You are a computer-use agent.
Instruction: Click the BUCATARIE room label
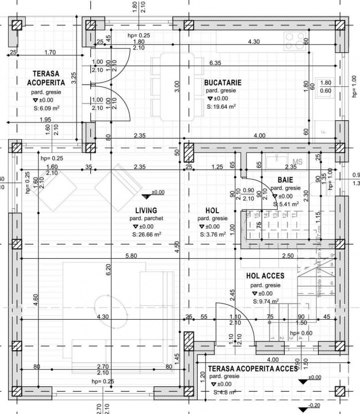[x=223, y=83]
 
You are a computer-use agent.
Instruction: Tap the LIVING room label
[x=146, y=210]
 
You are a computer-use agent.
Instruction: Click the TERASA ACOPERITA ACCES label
[x=252, y=368]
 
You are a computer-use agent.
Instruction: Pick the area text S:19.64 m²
[x=224, y=106]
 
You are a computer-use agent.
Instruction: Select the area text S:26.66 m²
[x=146, y=234]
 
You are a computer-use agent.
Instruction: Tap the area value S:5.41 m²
[x=285, y=204]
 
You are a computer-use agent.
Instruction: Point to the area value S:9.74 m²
[x=266, y=301]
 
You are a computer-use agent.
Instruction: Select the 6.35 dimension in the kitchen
[x=216, y=63]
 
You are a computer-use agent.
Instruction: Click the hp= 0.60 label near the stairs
[x=301, y=333]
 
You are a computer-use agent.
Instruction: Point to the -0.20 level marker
[x=313, y=405]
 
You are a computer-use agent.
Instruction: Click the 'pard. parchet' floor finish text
[x=146, y=218]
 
